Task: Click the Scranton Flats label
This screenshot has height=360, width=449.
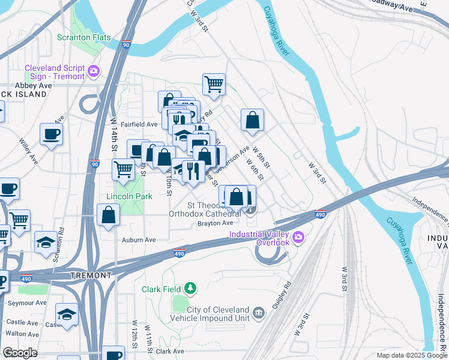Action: (x=83, y=37)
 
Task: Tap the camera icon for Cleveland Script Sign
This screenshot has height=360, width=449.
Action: (x=93, y=72)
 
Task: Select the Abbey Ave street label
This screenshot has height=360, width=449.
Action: (x=35, y=86)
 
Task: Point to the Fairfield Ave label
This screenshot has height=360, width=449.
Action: (x=139, y=124)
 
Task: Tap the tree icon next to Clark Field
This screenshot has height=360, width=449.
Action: (x=190, y=289)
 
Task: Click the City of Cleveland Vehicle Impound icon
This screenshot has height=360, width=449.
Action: (x=259, y=313)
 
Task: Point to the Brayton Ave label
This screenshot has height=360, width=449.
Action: (x=215, y=223)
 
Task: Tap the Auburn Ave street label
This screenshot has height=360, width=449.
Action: (x=139, y=239)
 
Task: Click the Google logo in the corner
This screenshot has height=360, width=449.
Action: (x=19, y=353)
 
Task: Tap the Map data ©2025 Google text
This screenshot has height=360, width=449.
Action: (x=411, y=355)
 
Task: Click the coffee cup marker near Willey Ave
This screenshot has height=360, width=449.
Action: (x=51, y=134)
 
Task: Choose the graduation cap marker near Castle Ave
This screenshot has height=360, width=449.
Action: (x=67, y=314)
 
